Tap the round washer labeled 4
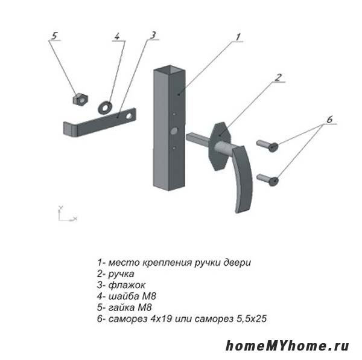click(x=105, y=108)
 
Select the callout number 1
click(x=238, y=37)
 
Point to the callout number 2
click(x=278, y=77)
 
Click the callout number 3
click(x=153, y=35)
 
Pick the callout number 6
click(x=329, y=120)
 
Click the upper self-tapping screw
click(x=267, y=146)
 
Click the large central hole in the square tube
click(x=174, y=131)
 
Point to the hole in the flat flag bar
click(x=129, y=116)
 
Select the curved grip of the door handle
click(x=243, y=179)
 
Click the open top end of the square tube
click(x=170, y=69)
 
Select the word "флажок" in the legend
click(x=127, y=285)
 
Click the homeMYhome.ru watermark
click(x=287, y=346)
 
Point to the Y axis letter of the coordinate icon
click(x=60, y=207)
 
